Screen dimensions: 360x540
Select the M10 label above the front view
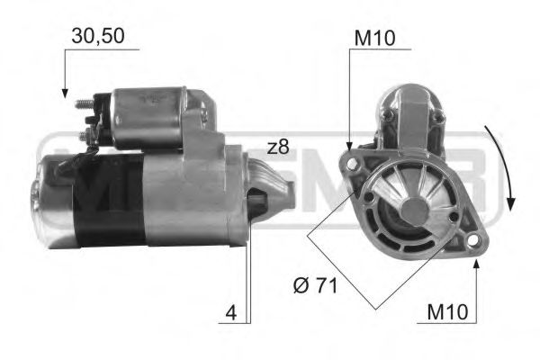pos(373,39)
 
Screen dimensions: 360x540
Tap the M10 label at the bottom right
pos(447,312)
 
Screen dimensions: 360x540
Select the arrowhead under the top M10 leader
pos(349,145)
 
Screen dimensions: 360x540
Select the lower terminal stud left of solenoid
pos(87,136)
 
